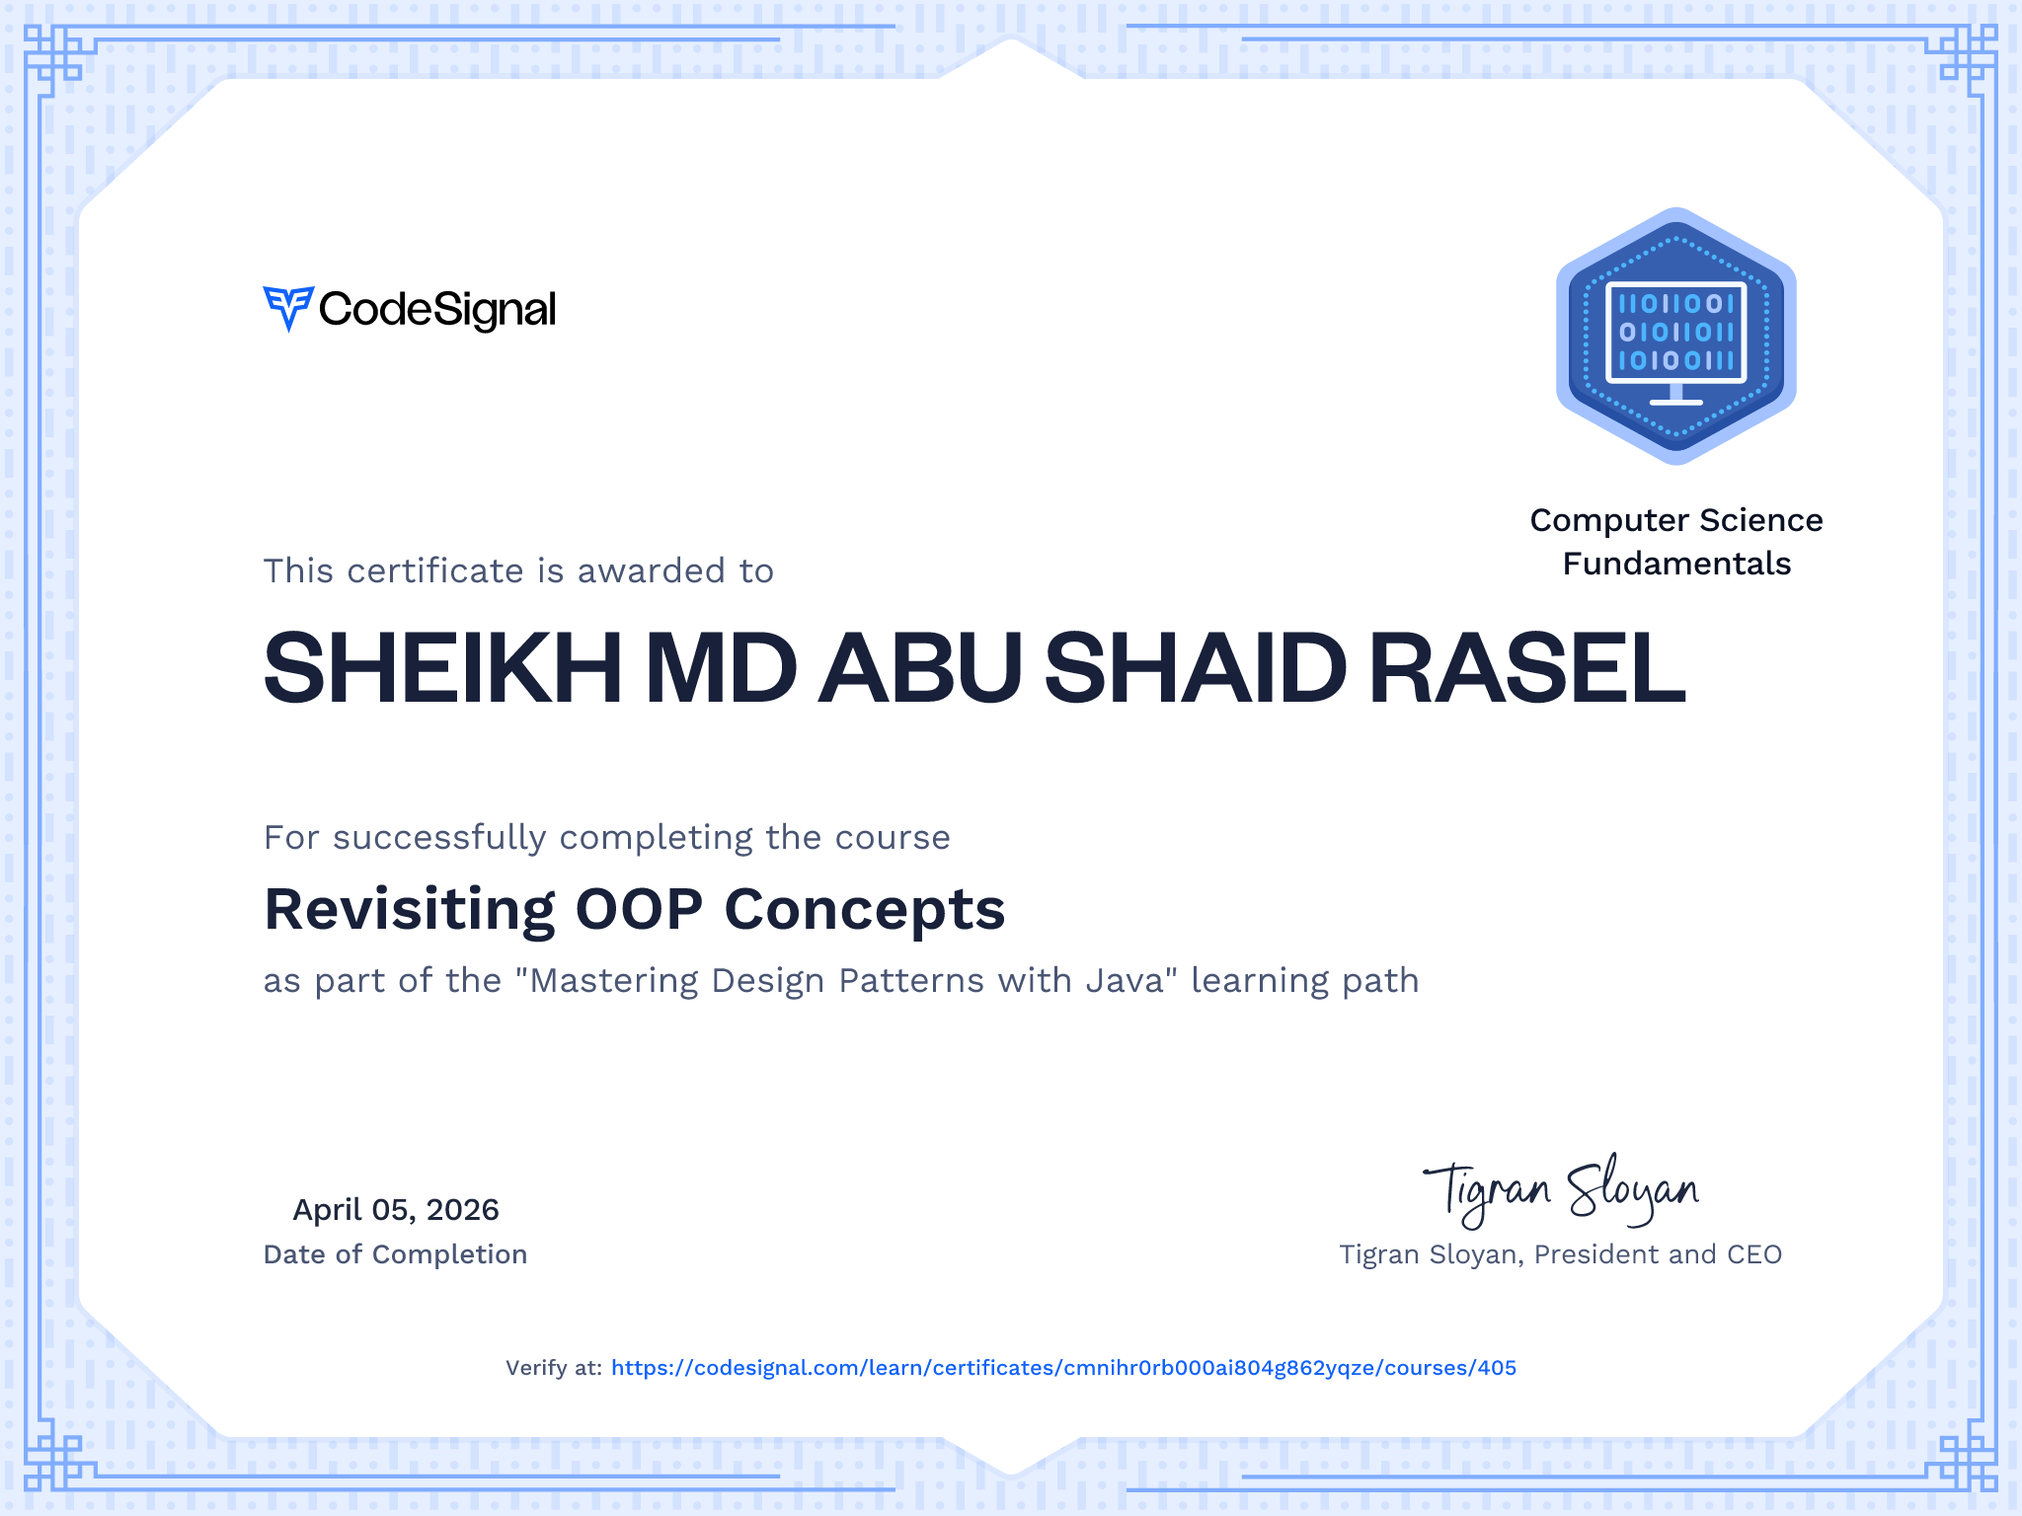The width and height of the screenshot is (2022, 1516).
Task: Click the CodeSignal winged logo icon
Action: pyautogui.click(x=288, y=309)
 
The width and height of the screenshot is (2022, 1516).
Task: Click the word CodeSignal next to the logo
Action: pyautogui.click(x=437, y=310)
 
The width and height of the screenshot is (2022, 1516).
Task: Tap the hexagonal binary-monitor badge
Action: pyautogui.click(x=1676, y=336)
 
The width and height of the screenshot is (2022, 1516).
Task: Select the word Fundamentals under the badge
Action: pyautogui.click(x=1676, y=564)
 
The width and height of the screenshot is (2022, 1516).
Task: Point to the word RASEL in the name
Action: pyautogui.click(x=1527, y=668)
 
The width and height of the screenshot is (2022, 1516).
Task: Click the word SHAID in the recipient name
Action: pyautogui.click(x=1196, y=668)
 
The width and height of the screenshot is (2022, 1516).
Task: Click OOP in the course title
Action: pyautogui.click(x=640, y=909)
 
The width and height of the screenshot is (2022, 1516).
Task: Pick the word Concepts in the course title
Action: pyautogui.click(x=865, y=909)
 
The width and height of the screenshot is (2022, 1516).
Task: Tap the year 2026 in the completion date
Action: pyautogui.click(x=462, y=1209)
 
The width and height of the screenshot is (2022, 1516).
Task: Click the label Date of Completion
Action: pyautogui.click(x=395, y=1254)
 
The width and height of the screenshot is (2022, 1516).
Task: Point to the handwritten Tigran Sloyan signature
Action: pyautogui.click(x=1561, y=1191)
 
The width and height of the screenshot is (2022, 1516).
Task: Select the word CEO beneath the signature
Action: pyautogui.click(x=1754, y=1254)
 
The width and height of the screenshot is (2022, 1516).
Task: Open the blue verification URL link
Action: pyautogui.click(x=1063, y=1368)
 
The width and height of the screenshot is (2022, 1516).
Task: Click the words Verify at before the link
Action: pyautogui.click(x=554, y=1368)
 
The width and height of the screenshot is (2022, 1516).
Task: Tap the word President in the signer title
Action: pyautogui.click(x=1596, y=1254)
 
